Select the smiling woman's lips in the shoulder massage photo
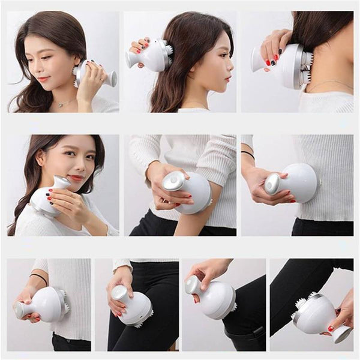[x=76, y=178]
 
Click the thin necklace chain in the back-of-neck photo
[x=329, y=84]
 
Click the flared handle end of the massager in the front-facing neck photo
[x=112, y=78]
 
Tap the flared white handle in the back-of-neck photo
[x=257, y=59]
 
